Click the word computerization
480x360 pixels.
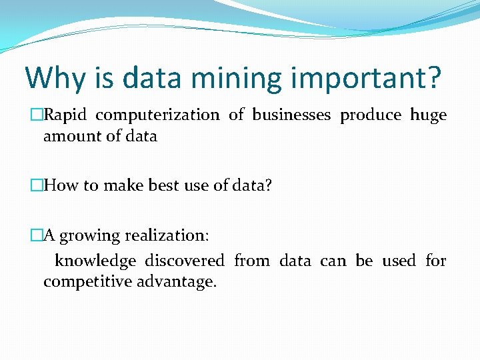point(157,115)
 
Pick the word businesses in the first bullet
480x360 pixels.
point(291,115)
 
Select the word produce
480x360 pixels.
point(371,115)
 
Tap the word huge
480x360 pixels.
point(428,115)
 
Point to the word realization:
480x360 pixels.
point(167,236)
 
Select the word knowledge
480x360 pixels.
point(95,261)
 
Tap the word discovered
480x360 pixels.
point(185,261)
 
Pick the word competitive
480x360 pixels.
point(87,281)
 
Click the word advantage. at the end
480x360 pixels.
point(177,281)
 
